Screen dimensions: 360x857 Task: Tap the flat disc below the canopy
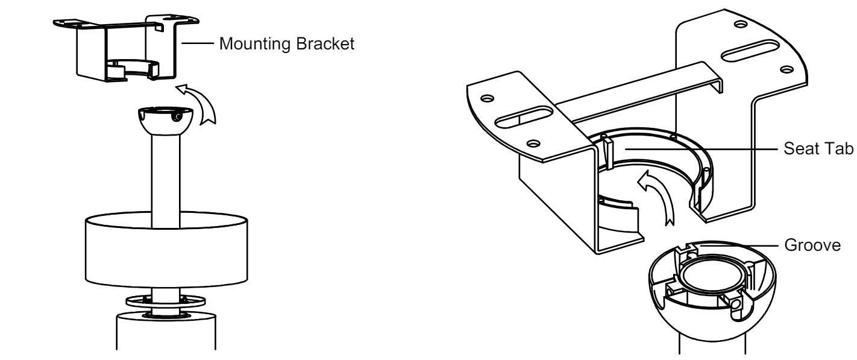click(165, 300)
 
